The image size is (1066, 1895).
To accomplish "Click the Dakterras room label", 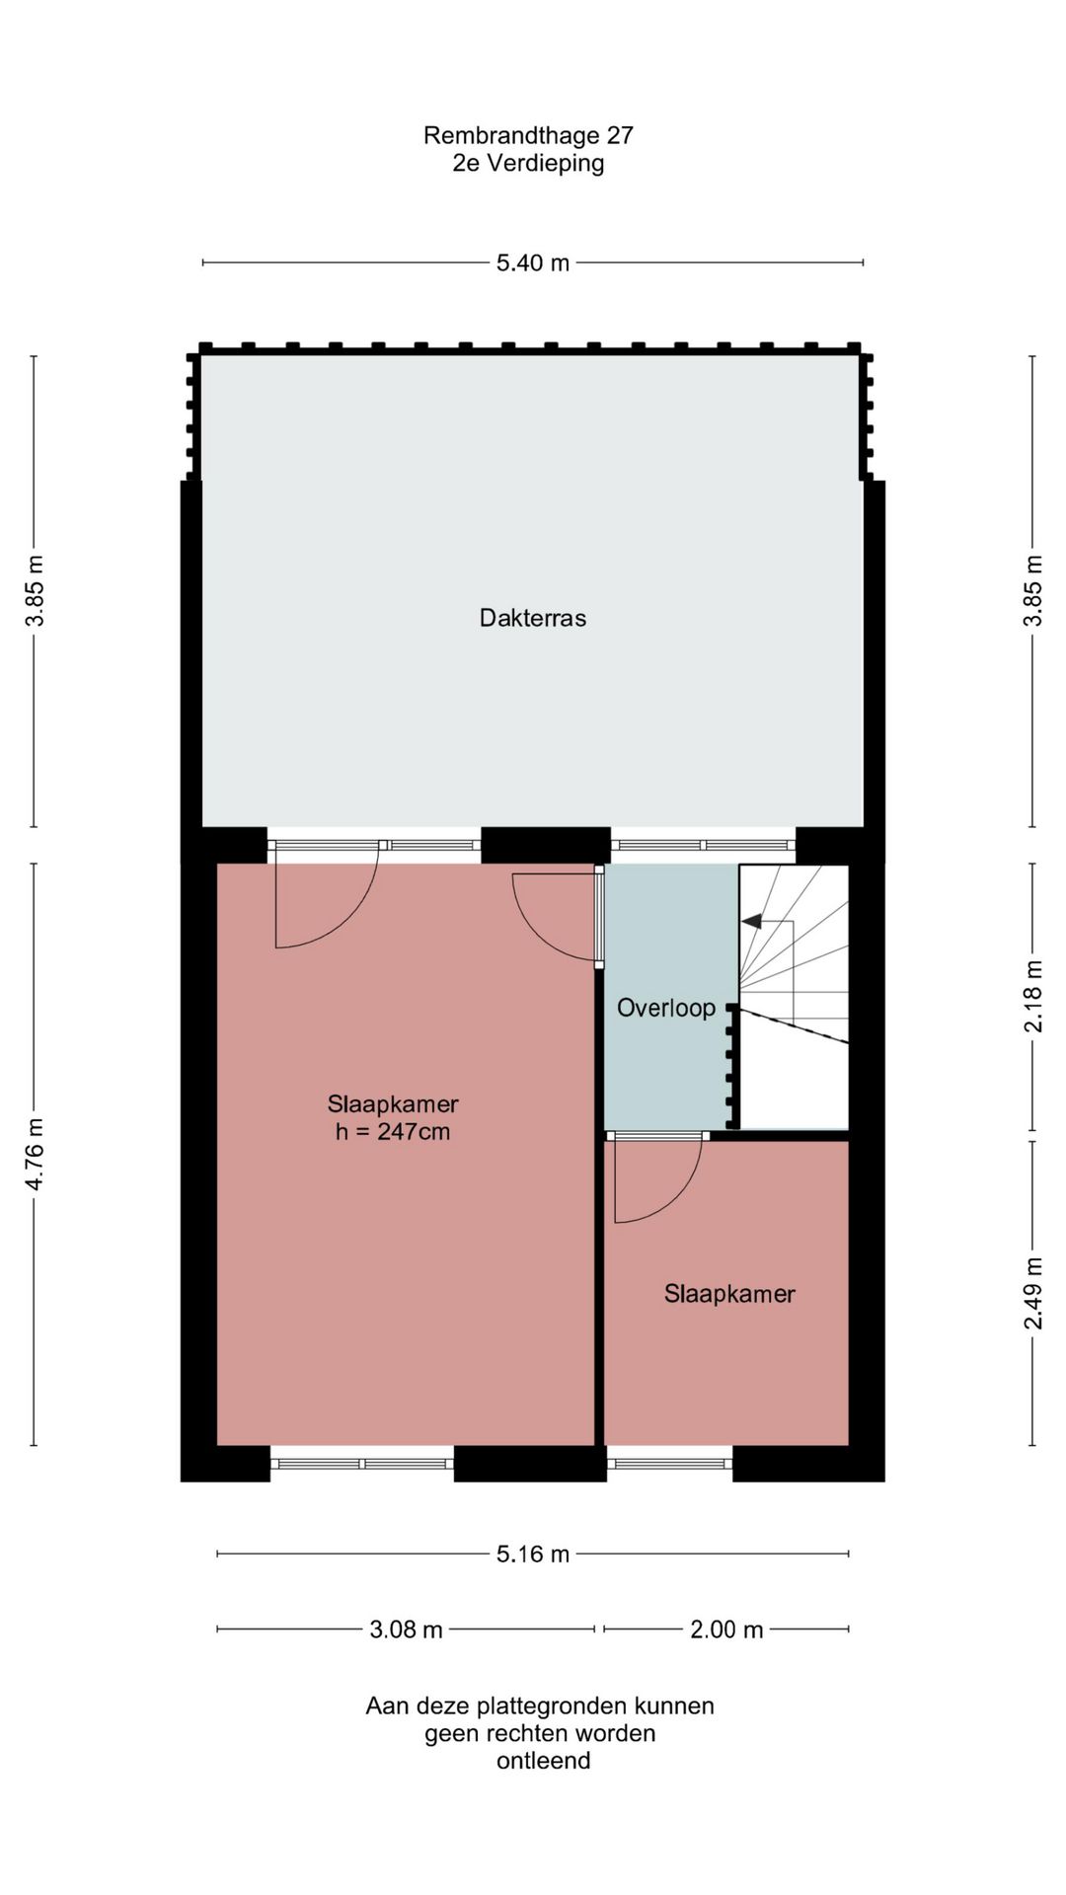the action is pyautogui.click(x=533, y=618).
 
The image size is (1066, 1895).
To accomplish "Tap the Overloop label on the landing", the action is pyautogui.click(x=666, y=1008).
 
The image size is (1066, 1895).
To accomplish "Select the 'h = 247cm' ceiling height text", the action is pyautogui.click(x=393, y=1132).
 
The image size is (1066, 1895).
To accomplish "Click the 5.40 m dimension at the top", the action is pyautogui.click(x=533, y=263).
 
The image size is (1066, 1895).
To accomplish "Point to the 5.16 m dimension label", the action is pyautogui.click(x=533, y=1554).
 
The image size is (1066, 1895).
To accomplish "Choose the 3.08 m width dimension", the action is pyautogui.click(x=406, y=1630).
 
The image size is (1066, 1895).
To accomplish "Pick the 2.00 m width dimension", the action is pyautogui.click(x=726, y=1630).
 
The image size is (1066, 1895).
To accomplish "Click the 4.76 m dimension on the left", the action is pyautogui.click(x=35, y=1154).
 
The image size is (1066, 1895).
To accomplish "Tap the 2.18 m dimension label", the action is pyautogui.click(x=1032, y=996).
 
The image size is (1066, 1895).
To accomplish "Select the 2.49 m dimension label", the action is pyautogui.click(x=1032, y=1293).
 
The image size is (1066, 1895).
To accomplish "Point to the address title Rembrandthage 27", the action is pyautogui.click(x=528, y=135).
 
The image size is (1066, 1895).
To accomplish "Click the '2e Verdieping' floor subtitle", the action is pyautogui.click(x=528, y=163).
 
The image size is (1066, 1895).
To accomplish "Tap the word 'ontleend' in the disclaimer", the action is pyautogui.click(x=543, y=1761).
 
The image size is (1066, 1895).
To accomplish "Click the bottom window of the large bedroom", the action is pyautogui.click(x=362, y=1464).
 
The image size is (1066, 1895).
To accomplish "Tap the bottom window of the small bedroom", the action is pyautogui.click(x=670, y=1464).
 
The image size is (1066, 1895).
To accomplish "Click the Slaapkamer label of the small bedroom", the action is pyautogui.click(x=729, y=1294).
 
